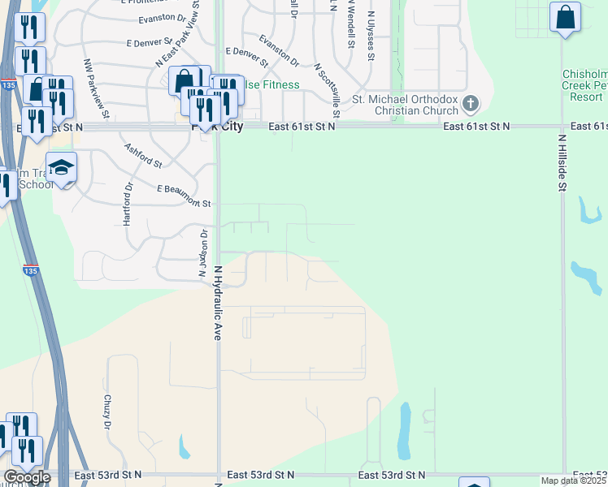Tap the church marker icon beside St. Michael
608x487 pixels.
471,104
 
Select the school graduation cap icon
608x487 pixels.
61,167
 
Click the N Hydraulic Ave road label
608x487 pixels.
218,301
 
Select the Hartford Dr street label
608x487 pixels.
128,205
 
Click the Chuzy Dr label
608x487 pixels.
106,412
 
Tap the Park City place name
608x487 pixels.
217,127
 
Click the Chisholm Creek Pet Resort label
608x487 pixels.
584,85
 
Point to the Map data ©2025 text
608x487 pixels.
573,481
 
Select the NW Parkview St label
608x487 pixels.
95,81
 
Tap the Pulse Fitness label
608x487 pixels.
271,84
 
